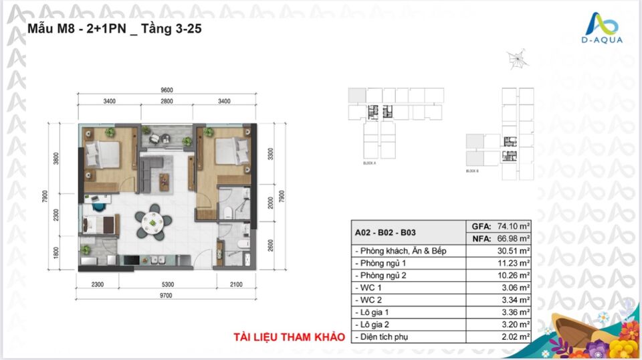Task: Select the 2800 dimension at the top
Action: point(167,101)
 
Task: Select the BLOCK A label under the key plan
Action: point(370,163)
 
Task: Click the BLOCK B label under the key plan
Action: point(473,172)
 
